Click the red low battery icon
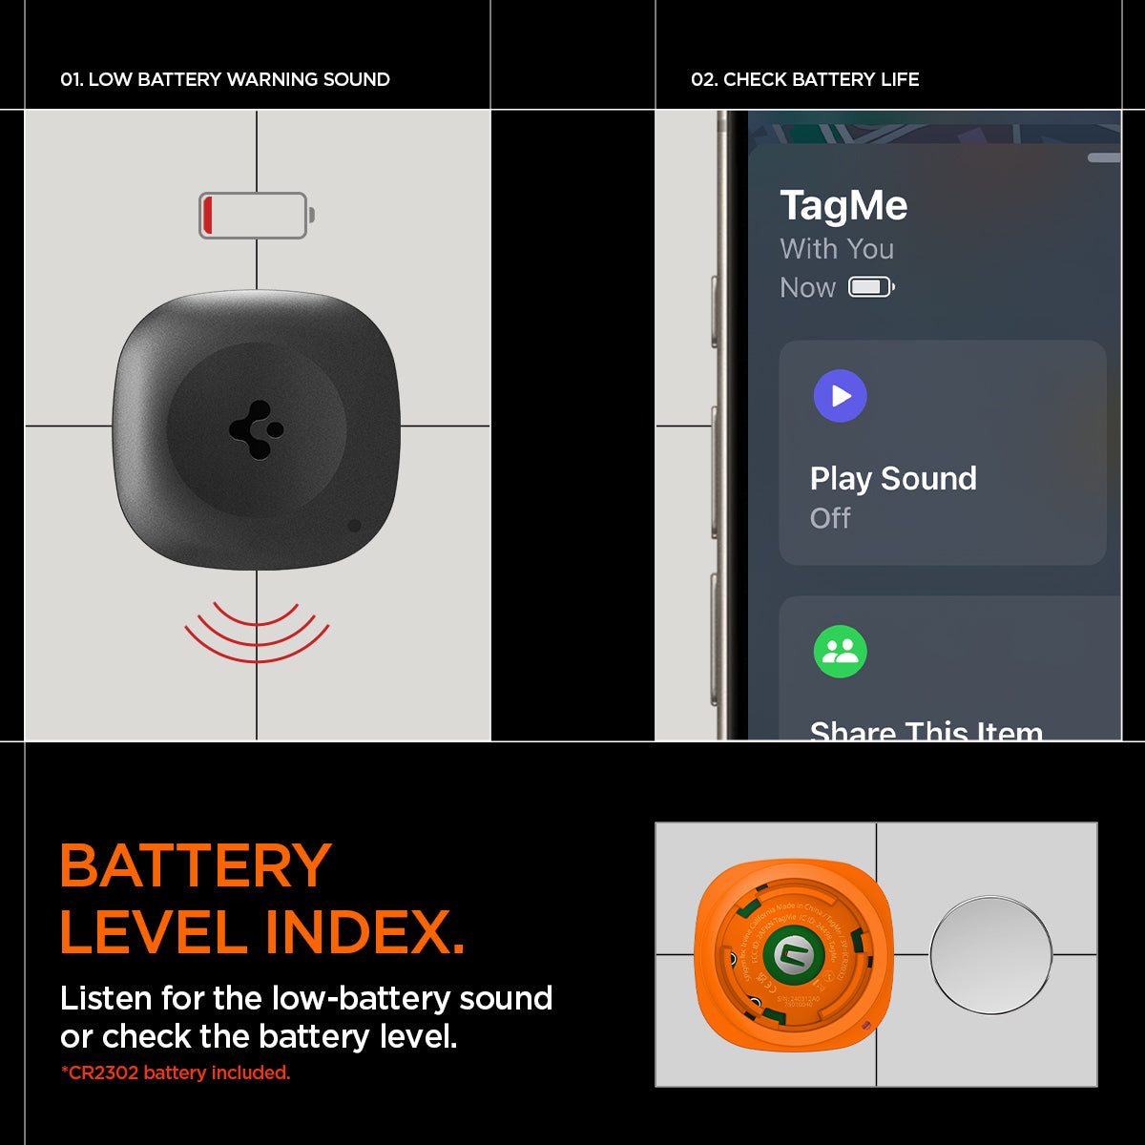coord(255,216)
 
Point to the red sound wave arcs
coord(257,630)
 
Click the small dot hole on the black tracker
coord(354,526)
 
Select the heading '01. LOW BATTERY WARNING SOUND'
coord(225,80)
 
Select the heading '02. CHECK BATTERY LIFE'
coord(804,80)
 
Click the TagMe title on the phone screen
coord(843,206)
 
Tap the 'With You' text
coord(837,249)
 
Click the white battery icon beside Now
coord(870,287)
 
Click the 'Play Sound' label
coord(893,478)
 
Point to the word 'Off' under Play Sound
coord(829,518)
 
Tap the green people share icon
coord(840,652)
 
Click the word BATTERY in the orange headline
coord(196,866)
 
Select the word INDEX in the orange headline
coord(364,932)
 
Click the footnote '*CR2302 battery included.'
coord(176,1072)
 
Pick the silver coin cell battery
coord(990,955)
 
